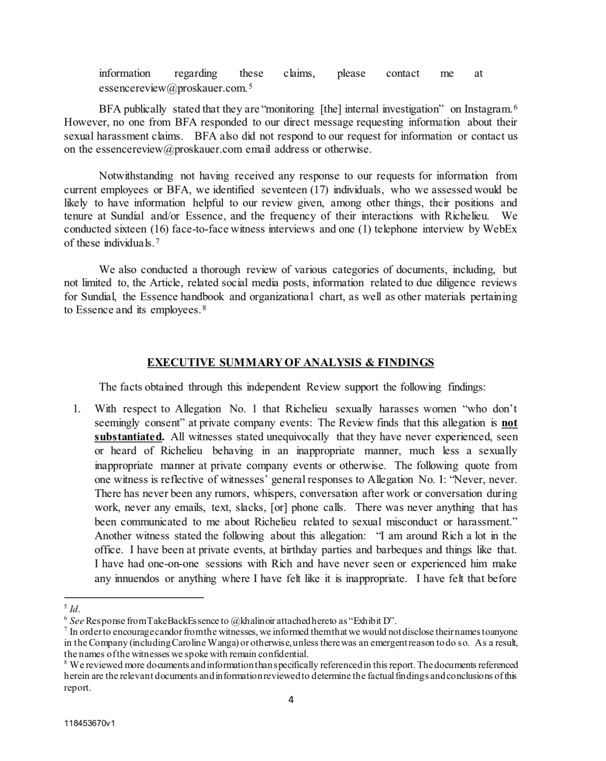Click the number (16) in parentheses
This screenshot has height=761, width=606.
pyautogui.click(x=160, y=229)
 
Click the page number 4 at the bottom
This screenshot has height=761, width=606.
pyautogui.click(x=291, y=700)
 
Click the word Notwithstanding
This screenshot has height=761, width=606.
pyautogui.click(x=136, y=176)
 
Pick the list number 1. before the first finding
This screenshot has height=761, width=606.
pyautogui.click(x=77, y=409)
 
